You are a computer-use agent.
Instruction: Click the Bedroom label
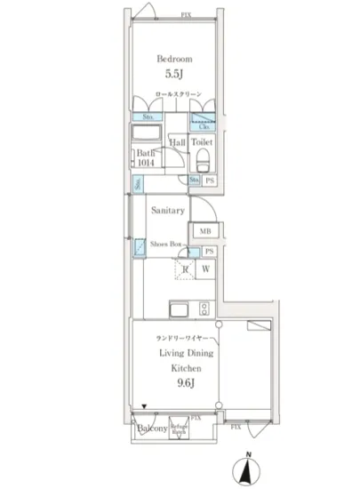pos(174,60)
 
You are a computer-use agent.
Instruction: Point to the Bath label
pos(146,153)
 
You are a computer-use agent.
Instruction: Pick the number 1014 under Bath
pos(146,164)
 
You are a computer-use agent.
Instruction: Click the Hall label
pos(177,141)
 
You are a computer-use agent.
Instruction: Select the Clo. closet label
pos(204,116)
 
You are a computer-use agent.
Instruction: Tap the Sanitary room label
pos(167,211)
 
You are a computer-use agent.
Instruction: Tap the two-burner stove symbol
pos(204,309)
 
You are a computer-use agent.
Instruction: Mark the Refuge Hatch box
pos(184,428)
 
